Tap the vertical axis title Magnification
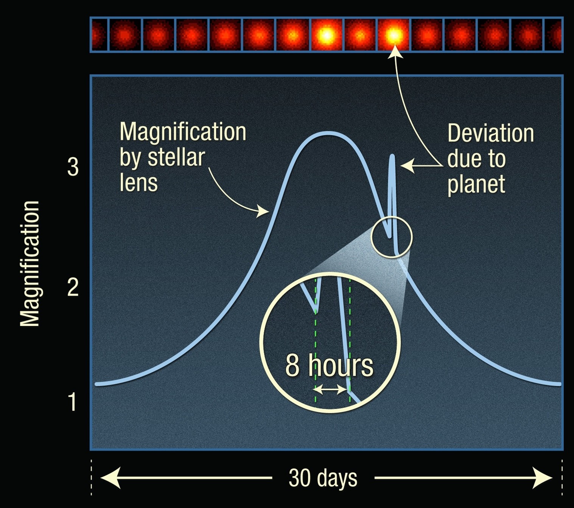[x=30, y=263]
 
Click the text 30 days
[x=323, y=478]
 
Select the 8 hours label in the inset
[x=329, y=366]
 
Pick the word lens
[x=138, y=182]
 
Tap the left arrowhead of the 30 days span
[x=110, y=478]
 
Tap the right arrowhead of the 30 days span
[x=542, y=478]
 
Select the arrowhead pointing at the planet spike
[x=408, y=166]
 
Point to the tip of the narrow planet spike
[x=392, y=156]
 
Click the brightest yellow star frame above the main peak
[x=327, y=35]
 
